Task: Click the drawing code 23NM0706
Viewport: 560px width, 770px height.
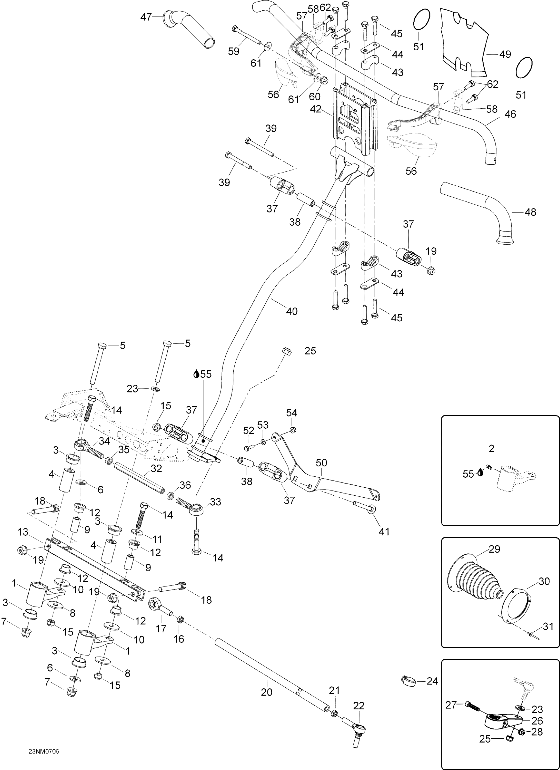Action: pyautogui.click(x=44, y=742)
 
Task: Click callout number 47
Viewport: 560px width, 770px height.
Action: pyautogui.click(x=146, y=17)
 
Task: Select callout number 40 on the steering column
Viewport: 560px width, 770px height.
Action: pyautogui.click(x=292, y=311)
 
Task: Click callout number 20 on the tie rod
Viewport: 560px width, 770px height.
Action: pyautogui.click(x=267, y=692)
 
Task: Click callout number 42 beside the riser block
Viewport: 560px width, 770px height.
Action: pyautogui.click(x=315, y=109)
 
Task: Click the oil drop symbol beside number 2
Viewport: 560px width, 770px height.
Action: pyautogui.click(x=480, y=472)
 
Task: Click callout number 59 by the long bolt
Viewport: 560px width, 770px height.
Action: pyautogui.click(x=234, y=51)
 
